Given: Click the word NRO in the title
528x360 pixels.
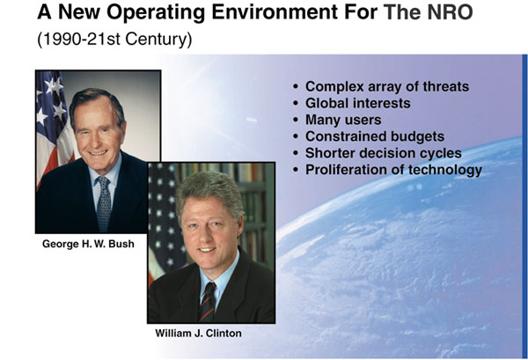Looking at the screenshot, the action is click(x=450, y=11).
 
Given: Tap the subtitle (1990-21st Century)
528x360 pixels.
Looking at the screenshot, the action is click(x=114, y=39).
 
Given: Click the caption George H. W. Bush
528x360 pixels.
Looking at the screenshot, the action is click(x=88, y=244).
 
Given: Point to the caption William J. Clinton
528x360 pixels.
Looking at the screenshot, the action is click(x=198, y=333).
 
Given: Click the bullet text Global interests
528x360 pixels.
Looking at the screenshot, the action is click(x=358, y=103).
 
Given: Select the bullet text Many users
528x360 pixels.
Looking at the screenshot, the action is click(x=343, y=120).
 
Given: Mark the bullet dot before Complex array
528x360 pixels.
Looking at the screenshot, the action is click(x=296, y=87).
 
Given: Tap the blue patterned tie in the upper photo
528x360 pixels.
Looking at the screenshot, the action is click(x=104, y=204).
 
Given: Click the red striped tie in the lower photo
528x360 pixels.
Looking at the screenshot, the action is click(x=208, y=302).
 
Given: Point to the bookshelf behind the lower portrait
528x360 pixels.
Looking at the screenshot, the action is click(x=251, y=209).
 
